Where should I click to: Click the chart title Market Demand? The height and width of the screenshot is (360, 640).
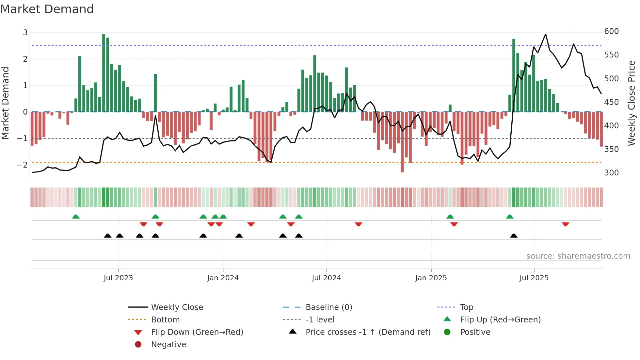click(47, 9)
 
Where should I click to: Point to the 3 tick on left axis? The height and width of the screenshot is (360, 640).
click(25, 33)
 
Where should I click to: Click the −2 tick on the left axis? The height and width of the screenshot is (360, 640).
click(22, 165)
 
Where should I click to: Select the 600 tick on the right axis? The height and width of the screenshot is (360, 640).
click(611, 31)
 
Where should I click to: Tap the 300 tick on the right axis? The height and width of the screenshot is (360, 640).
click(611, 173)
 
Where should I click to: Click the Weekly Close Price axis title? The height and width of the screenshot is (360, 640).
click(632, 103)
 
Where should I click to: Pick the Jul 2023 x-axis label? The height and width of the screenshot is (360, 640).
click(118, 278)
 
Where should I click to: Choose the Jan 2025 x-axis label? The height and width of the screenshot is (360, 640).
click(431, 278)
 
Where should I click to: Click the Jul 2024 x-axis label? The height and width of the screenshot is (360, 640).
click(326, 278)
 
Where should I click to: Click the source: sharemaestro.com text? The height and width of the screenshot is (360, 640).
click(578, 256)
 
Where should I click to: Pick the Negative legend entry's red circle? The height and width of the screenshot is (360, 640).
click(138, 345)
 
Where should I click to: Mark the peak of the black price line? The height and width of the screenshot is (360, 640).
click(545, 34)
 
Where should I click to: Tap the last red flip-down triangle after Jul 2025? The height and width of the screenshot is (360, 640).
click(566, 224)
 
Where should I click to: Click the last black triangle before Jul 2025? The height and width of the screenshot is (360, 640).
click(514, 236)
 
